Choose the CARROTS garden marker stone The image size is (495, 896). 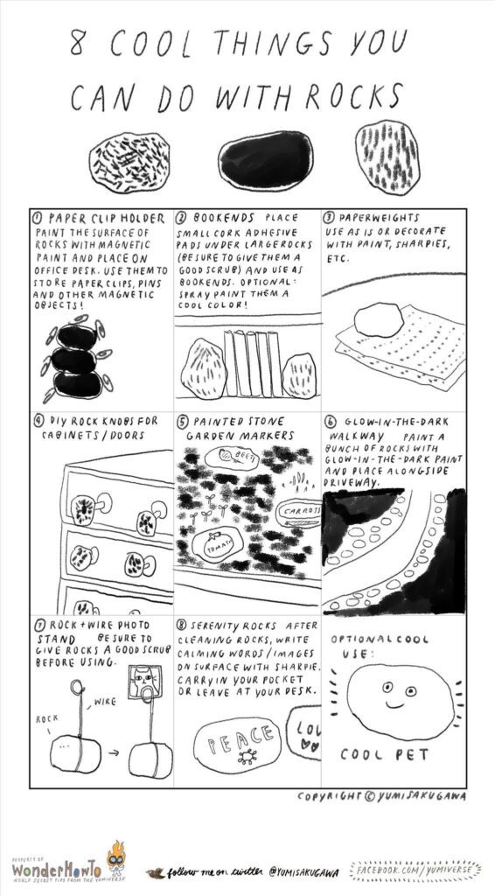(297, 510)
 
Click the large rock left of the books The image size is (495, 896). (204, 367)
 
